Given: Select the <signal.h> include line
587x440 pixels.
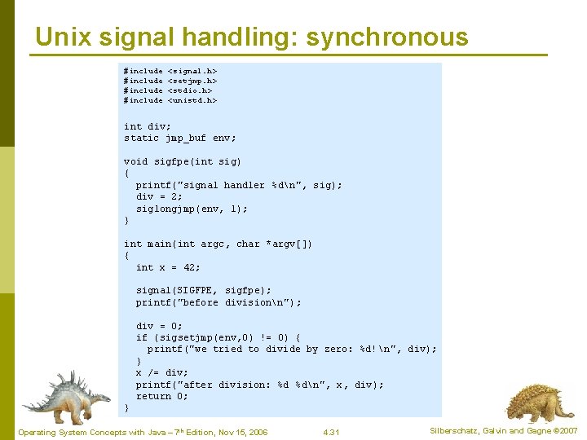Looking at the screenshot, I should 170,72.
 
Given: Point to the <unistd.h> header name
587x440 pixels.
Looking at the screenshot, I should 192,100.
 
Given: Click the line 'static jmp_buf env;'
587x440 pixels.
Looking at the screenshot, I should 179,138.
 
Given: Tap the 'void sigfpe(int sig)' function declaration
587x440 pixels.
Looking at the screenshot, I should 183,161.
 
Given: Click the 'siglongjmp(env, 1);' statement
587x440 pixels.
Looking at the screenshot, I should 192,209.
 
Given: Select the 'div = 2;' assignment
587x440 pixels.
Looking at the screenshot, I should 159,196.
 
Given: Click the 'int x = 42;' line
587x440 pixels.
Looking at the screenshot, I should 168,267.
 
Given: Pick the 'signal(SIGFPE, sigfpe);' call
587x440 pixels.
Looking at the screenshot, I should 204,290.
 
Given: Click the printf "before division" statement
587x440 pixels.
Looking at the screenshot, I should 218,302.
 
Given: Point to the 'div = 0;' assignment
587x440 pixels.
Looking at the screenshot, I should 159,326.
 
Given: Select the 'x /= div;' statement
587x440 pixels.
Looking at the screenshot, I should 161,372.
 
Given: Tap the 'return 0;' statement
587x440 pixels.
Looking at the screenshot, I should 161,396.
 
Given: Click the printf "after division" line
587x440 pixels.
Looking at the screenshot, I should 259,385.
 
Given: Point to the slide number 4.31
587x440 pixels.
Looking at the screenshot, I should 331,432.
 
